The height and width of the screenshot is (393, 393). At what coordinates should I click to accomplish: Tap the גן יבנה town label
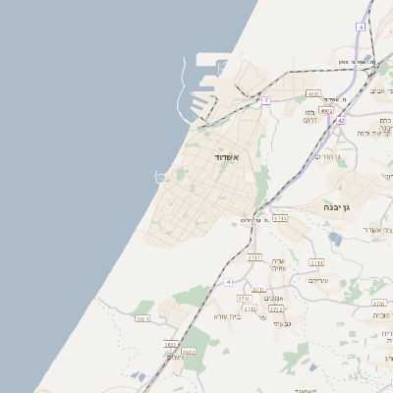click(x=337, y=208)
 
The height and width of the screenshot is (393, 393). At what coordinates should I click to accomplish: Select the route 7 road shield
click(x=266, y=100)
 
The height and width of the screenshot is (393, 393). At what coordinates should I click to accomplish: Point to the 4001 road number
click(x=313, y=94)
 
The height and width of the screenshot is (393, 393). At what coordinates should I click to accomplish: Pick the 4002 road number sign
click(x=327, y=111)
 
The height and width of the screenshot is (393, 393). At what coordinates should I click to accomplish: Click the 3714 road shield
click(x=280, y=218)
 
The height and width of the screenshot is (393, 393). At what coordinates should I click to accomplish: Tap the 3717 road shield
click(x=254, y=257)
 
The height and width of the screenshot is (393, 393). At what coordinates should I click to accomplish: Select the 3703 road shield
click(x=316, y=262)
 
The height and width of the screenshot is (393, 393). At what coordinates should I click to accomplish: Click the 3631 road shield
click(x=142, y=318)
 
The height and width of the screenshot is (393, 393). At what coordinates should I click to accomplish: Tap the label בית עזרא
click(x=227, y=316)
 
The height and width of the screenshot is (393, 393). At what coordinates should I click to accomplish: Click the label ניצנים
click(x=175, y=358)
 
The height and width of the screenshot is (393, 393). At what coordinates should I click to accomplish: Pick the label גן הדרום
click(x=326, y=157)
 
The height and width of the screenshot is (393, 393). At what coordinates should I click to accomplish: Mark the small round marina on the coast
click(x=160, y=177)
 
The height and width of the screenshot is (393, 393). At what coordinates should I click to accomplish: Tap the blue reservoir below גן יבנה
click(x=336, y=239)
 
